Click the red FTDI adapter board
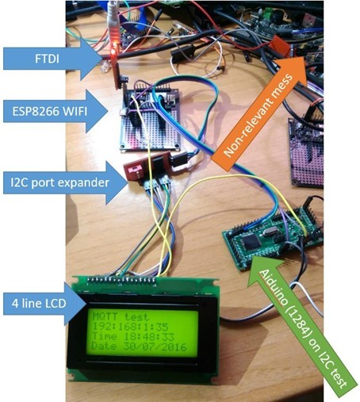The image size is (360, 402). (x=115, y=48)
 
